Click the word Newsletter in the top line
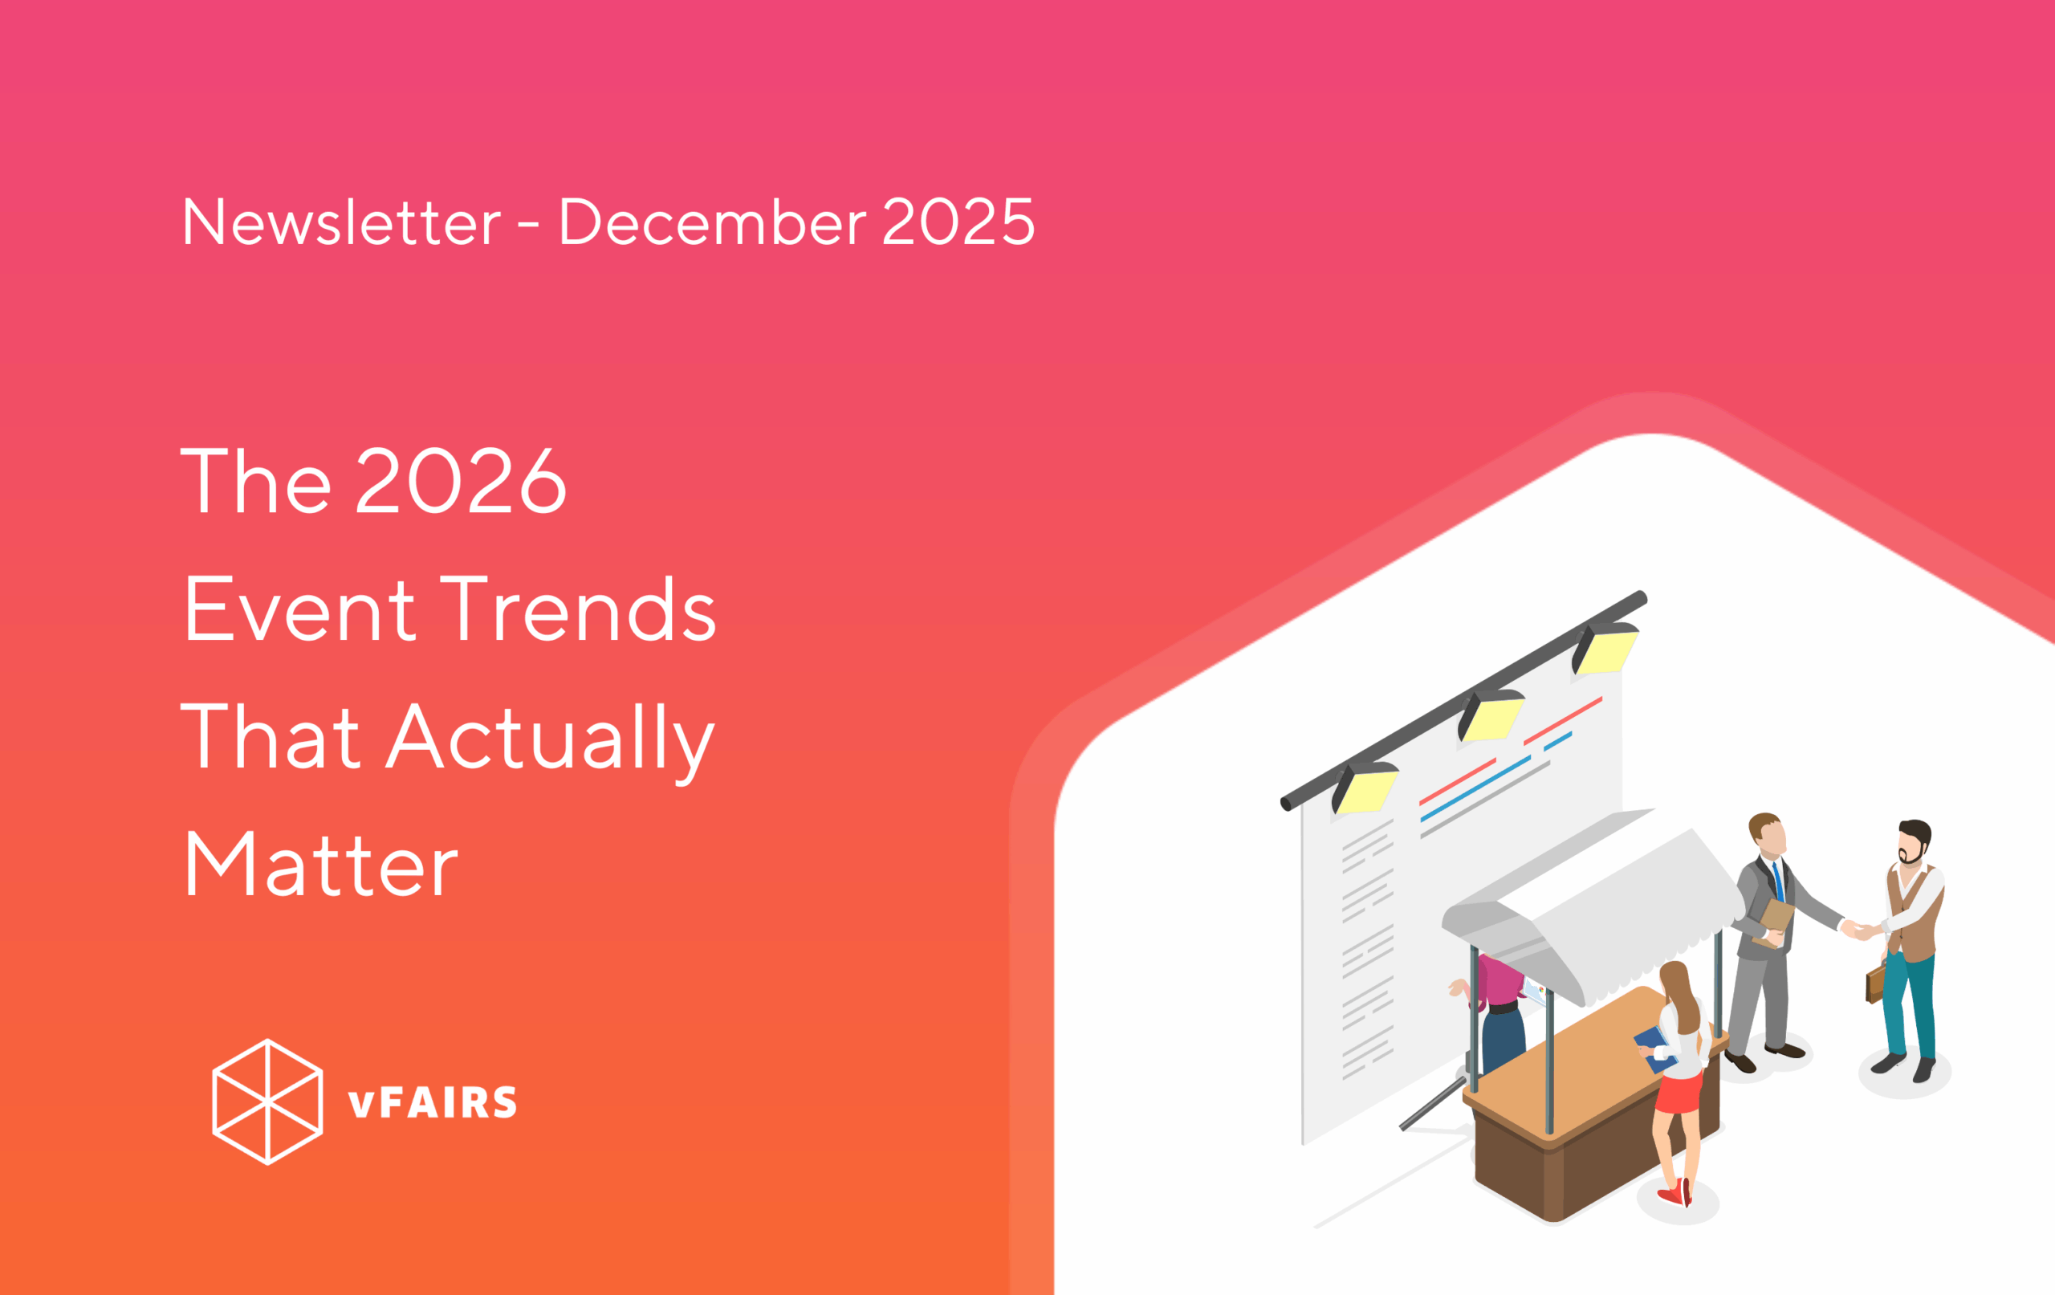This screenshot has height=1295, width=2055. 341,222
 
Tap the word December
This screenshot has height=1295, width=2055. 713,222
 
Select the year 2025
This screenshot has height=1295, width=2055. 958,222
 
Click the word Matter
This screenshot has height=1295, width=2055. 321,865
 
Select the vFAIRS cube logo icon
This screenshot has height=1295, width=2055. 267,1102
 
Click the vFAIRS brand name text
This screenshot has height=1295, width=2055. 432,1102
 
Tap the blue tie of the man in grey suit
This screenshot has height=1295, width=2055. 1779,881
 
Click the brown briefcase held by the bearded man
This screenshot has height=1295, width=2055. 1876,983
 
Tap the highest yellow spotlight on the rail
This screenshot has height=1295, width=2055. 1605,649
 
